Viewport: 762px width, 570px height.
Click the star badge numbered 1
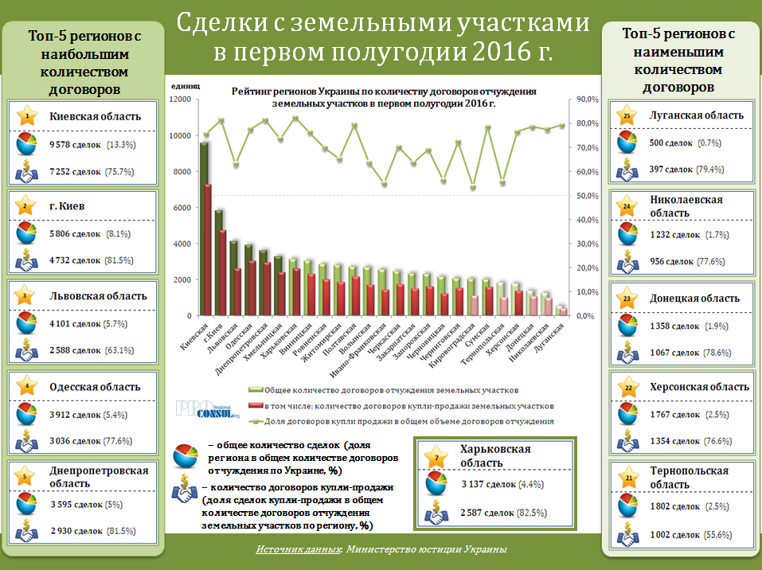point(27,116)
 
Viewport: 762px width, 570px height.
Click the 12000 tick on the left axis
point(180,100)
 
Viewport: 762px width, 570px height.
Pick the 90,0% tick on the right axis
point(586,100)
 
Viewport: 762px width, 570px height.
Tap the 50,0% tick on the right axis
point(586,196)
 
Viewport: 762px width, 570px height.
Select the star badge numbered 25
point(627,115)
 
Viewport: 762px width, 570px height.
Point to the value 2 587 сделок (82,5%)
point(488,513)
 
